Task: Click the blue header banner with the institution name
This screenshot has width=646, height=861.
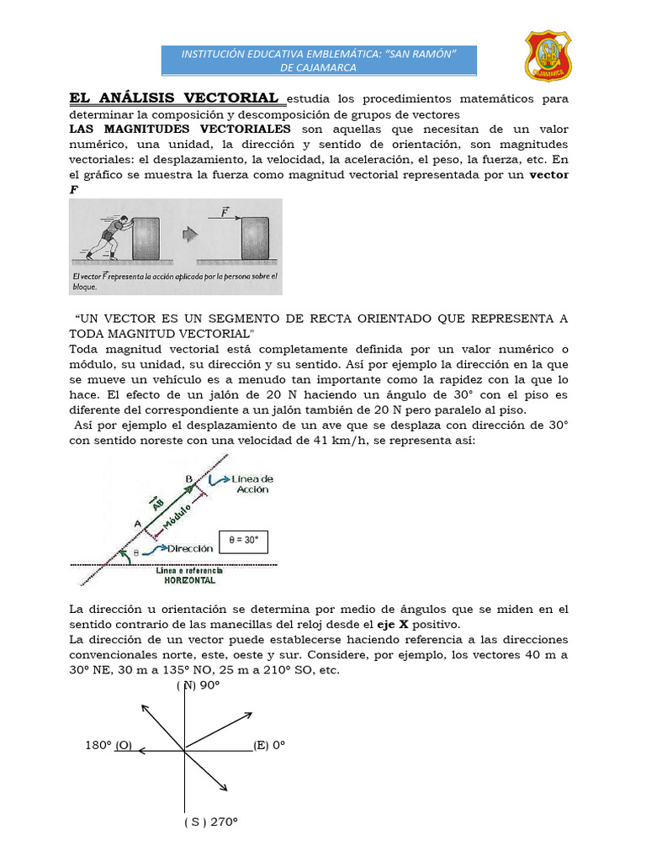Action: tap(319, 61)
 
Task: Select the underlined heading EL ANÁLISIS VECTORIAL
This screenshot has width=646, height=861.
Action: tap(173, 98)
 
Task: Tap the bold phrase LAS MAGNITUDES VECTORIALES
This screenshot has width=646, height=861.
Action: tap(180, 129)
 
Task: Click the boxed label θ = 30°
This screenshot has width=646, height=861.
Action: tap(242, 541)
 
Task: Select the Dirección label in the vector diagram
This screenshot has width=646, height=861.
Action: tap(189, 548)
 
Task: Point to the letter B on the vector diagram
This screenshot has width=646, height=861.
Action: tap(189, 478)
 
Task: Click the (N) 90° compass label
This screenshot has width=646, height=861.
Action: tap(199, 685)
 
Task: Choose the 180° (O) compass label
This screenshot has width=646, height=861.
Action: tap(109, 746)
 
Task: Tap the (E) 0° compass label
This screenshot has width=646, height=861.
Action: tap(270, 746)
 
